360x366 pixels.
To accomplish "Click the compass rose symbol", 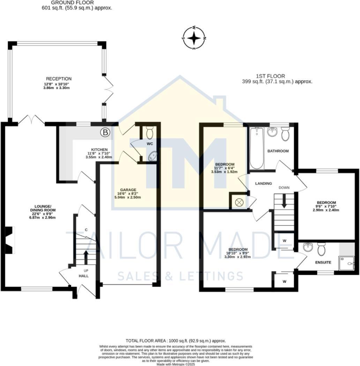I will pyautogui.click(x=194, y=38).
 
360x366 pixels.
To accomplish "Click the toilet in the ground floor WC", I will pyautogui.click(x=150, y=133).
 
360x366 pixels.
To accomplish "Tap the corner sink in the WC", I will pyautogui.click(x=153, y=156).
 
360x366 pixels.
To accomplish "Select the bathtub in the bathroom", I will pyautogui.click(x=256, y=148).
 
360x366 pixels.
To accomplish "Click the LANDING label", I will pyautogui.click(x=263, y=183).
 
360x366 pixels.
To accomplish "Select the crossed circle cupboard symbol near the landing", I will pyautogui.click(x=239, y=202).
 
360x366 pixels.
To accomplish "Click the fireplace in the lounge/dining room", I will pyautogui.click(x=9, y=240).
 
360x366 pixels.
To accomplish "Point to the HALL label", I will pyautogui.click(x=83, y=276).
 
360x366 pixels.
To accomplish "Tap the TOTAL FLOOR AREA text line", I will pyautogui.click(x=176, y=341).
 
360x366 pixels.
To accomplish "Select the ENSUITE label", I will pyautogui.click(x=323, y=262).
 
